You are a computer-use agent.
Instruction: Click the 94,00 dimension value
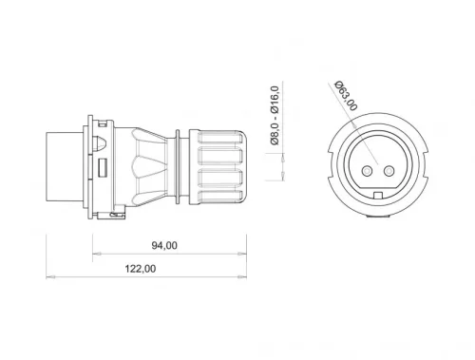click(164, 245)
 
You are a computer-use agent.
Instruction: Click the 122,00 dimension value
click(141, 269)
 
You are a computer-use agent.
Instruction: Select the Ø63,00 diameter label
click(348, 95)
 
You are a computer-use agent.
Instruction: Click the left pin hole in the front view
click(363, 172)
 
